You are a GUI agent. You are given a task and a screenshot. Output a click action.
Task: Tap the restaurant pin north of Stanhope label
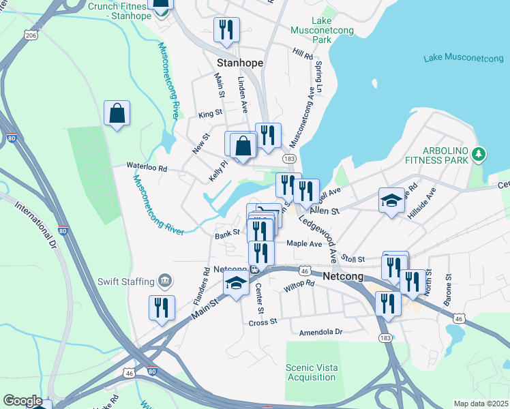click(224, 31)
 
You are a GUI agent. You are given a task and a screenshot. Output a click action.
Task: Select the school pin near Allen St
click(391, 200)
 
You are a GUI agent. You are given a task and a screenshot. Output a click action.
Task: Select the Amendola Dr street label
click(320, 332)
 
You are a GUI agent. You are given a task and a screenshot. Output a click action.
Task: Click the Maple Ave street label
click(304, 243)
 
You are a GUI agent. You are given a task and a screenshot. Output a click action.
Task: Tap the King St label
click(210, 114)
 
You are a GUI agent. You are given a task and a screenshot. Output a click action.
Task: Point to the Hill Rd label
click(302, 52)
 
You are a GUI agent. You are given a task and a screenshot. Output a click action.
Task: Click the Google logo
click(22, 400)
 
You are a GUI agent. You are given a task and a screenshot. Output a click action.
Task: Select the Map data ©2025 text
click(480, 404)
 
